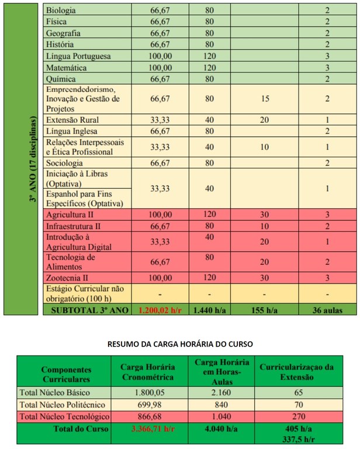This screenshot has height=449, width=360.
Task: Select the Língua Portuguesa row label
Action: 78,56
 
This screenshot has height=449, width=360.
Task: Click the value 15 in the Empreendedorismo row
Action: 265,99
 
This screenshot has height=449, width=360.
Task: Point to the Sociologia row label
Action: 64,163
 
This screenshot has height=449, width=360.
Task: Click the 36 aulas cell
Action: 327,309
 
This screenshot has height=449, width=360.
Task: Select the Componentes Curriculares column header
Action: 64,374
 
